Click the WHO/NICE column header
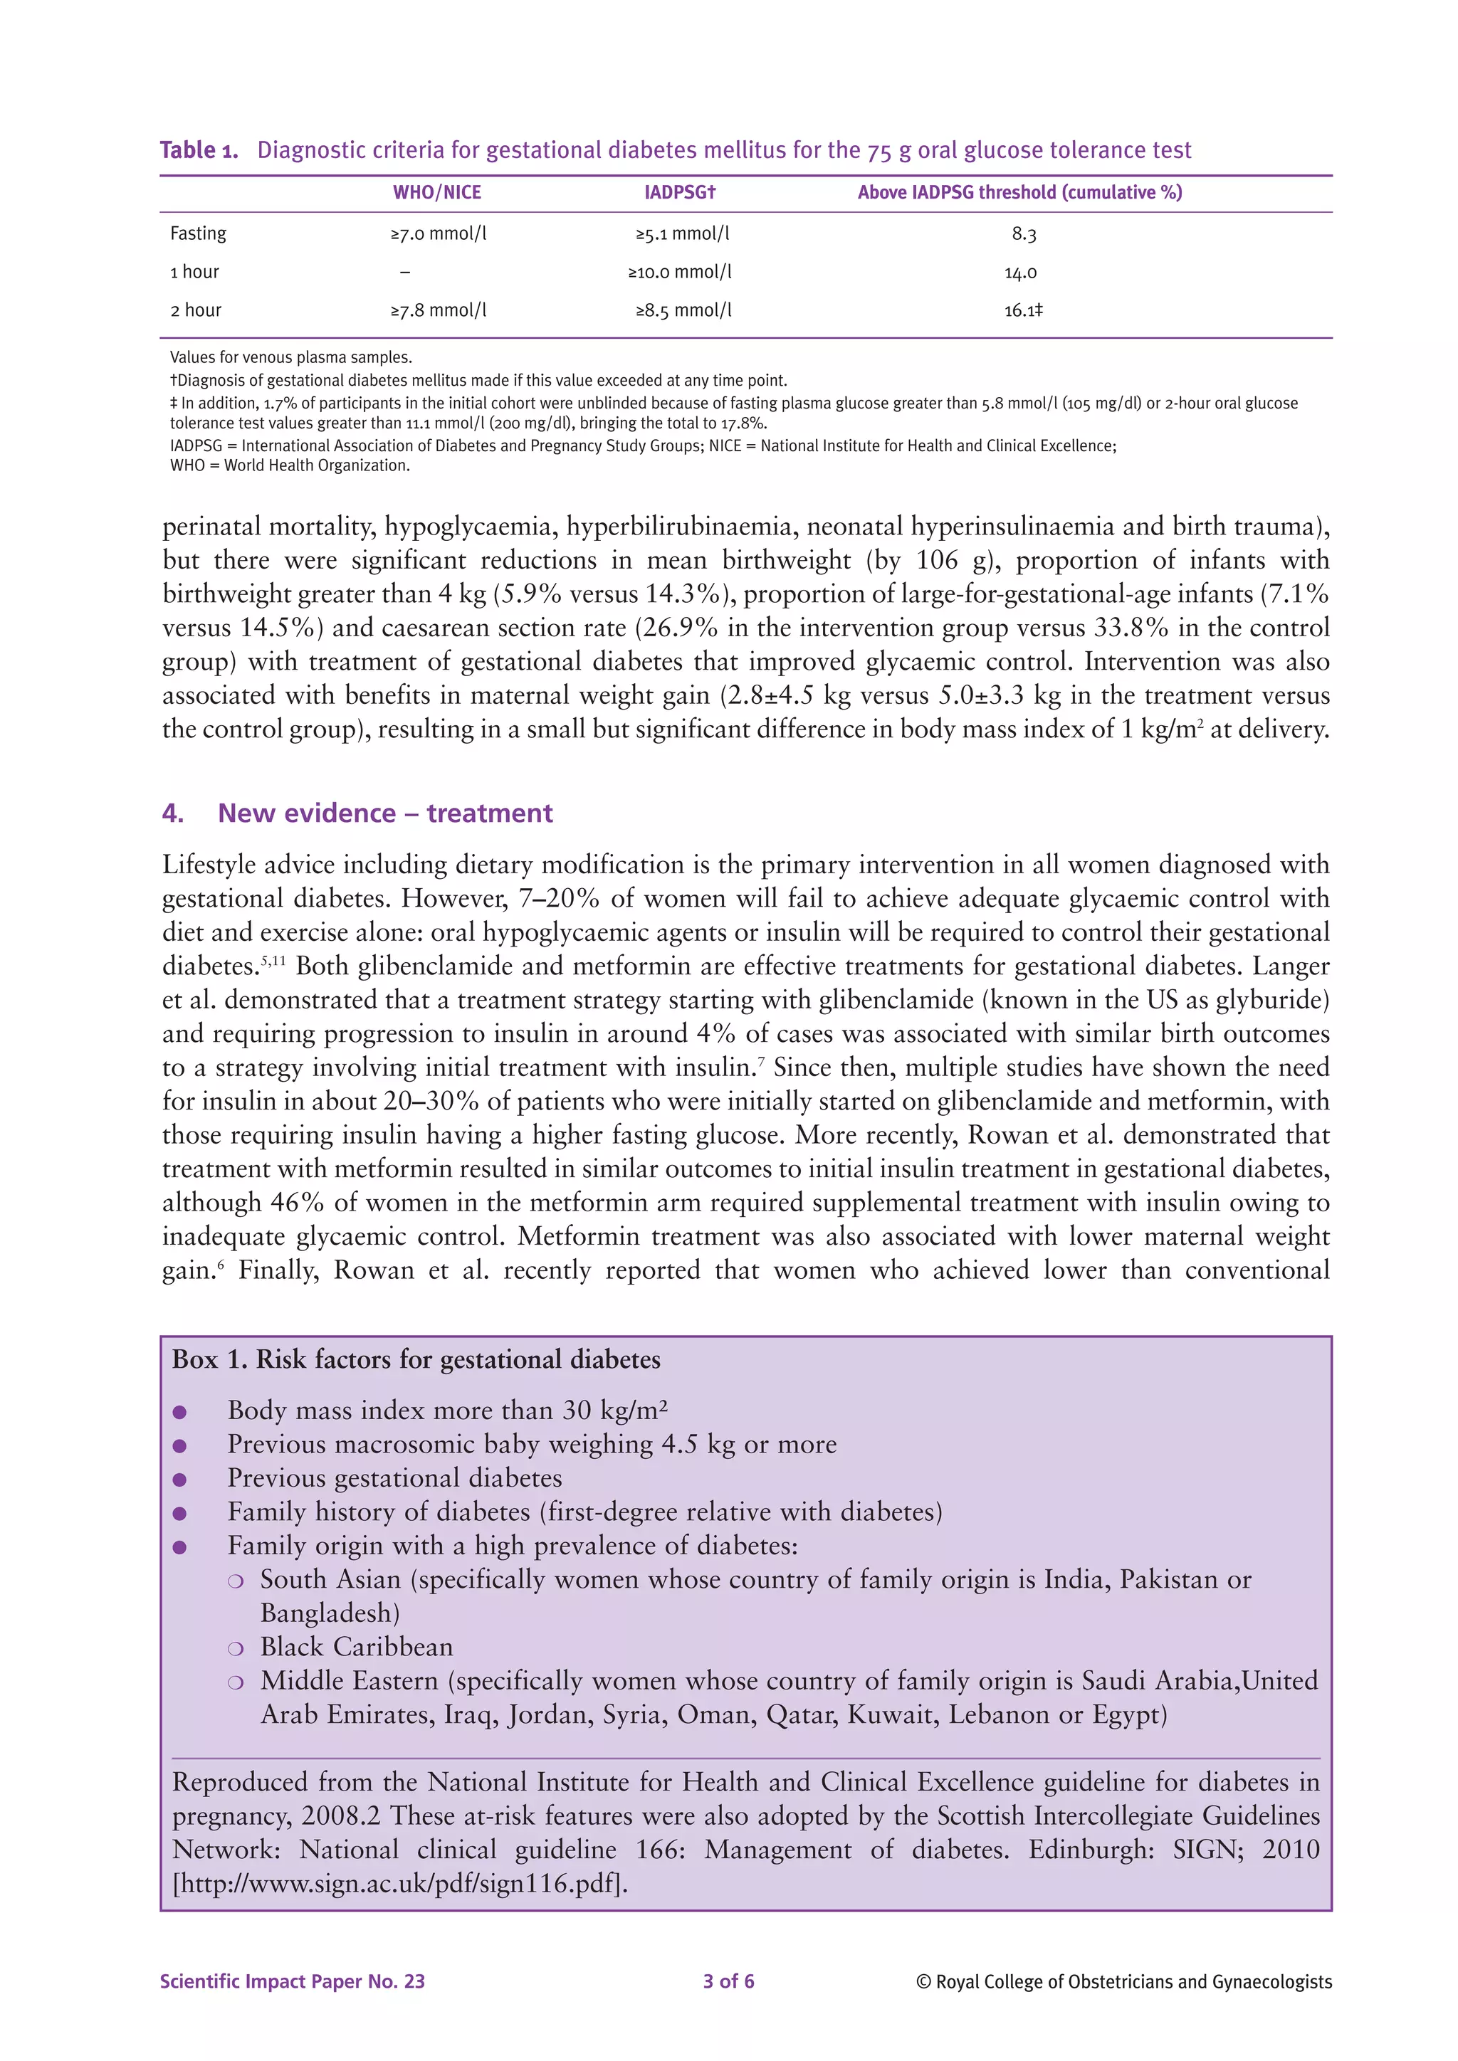coord(437,192)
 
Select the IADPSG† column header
coord(680,192)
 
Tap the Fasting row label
coord(199,233)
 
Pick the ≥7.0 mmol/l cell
coord(438,233)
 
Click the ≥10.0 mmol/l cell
coord(680,272)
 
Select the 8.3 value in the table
coord(1024,234)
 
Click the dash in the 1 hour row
coord(405,272)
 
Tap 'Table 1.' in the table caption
coord(199,150)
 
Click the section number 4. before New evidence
coord(172,813)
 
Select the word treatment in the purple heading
coord(489,813)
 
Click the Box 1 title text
coord(416,1360)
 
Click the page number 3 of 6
coord(728,1981)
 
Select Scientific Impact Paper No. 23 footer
coord(292,1981)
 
